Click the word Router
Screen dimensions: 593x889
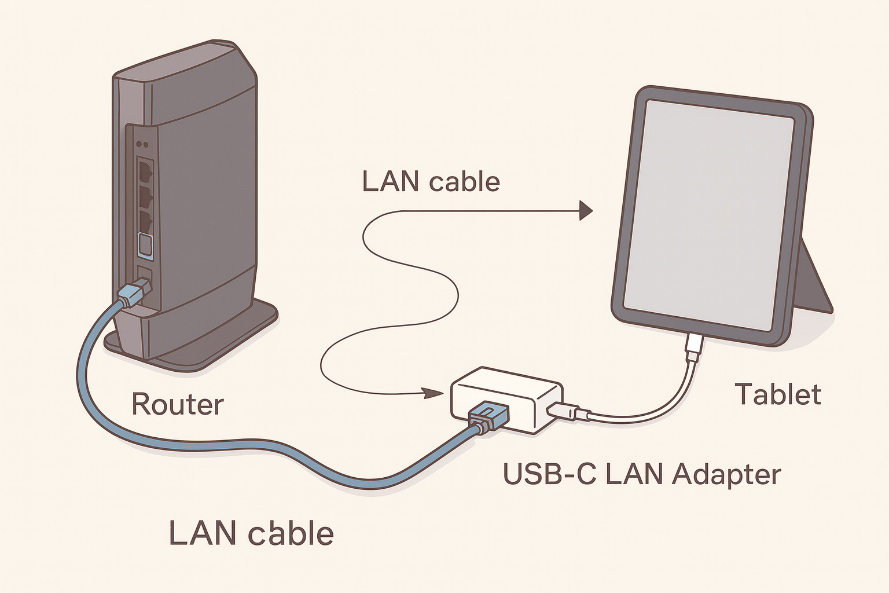(x=177, y=404)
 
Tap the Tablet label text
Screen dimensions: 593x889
(x=778, y=395)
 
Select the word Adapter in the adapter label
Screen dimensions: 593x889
(x=726, y=475)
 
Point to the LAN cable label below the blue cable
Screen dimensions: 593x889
(x=251, y=533)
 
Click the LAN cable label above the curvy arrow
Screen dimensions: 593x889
(x=431, y=182)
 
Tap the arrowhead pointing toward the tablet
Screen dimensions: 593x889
(x=586, y=211)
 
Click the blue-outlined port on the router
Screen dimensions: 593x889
(x=144, y=246)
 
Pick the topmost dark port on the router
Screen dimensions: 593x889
(x=144, y=171)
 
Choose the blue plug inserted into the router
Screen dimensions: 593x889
(x=133, y=294)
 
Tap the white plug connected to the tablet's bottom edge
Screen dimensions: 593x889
(x=694, y=346)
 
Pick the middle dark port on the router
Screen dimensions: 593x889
(x=144, y=197)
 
